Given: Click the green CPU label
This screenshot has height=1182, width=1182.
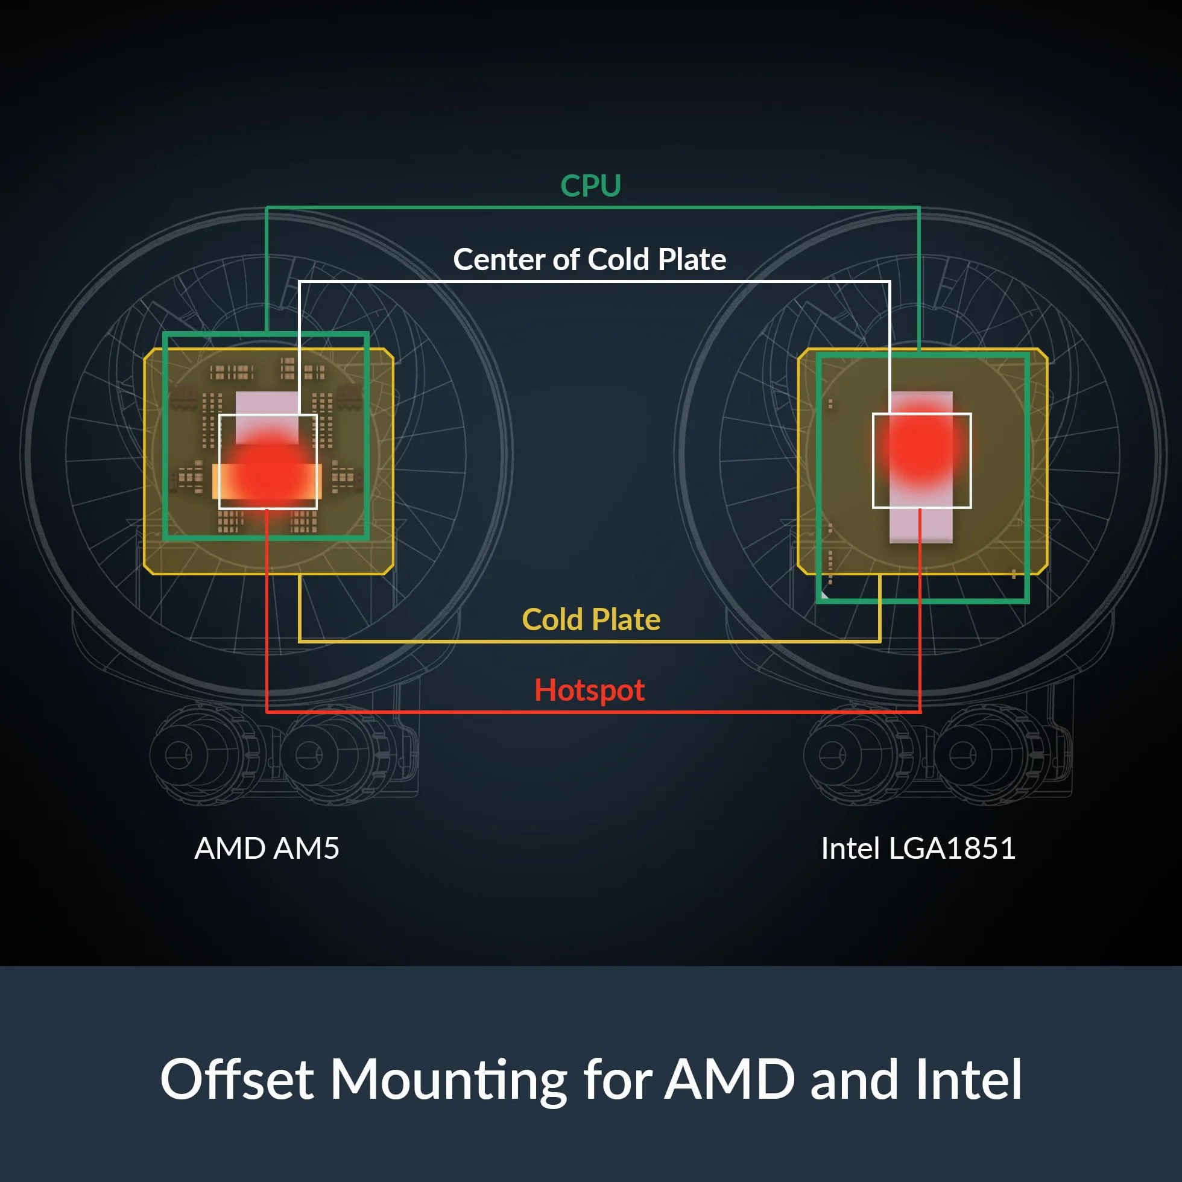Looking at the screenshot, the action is (590, 185).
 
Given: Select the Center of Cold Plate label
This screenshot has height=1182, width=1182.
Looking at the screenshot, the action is (590, 259).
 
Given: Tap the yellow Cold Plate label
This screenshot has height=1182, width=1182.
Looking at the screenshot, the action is (591, 619).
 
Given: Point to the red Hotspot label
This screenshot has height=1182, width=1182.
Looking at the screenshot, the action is (590, 690).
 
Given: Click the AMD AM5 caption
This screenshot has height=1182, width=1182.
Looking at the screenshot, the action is (267, 848).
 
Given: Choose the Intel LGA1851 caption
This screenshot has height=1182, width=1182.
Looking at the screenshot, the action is (918, 848).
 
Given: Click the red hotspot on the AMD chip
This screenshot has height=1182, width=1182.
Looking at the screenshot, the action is (268, 472).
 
